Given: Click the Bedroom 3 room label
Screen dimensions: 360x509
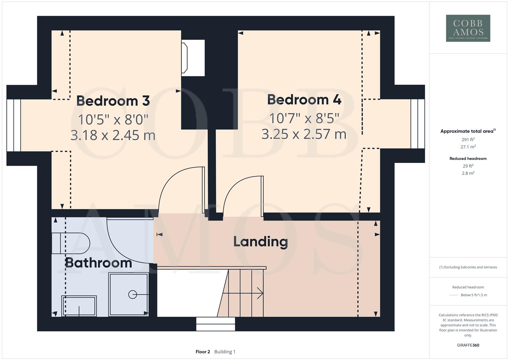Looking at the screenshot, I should (x=113, y=101).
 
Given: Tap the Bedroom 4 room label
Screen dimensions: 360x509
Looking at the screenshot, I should (x=304, y=100).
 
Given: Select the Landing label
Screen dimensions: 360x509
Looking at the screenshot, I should (x=260, y=242).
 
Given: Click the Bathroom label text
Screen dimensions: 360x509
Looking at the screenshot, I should (x=98, y=263).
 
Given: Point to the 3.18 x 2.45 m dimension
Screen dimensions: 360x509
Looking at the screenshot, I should (x=113, y=135).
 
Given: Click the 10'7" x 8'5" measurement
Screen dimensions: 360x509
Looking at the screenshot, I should (x=304, y=118).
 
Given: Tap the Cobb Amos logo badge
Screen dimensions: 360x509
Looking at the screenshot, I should (x=468, y=28).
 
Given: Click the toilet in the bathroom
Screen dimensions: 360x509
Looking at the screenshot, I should (x=71, y=243).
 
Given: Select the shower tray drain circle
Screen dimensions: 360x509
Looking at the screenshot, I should (x=133, y=295).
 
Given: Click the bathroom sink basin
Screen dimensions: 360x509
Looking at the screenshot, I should (x=79, y=306).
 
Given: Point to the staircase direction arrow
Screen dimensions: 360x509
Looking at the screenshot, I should (x=243, y=293).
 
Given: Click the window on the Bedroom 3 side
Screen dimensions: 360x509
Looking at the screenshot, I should (x=14, y=125).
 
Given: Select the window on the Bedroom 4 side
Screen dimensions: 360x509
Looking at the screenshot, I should (x=418, y=124).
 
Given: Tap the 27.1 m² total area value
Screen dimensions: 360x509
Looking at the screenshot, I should (x=468, y=147).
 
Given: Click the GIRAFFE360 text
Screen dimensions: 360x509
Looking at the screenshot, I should (x=468, y=345).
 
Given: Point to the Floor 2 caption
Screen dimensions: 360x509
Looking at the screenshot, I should (x=203, y=352).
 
